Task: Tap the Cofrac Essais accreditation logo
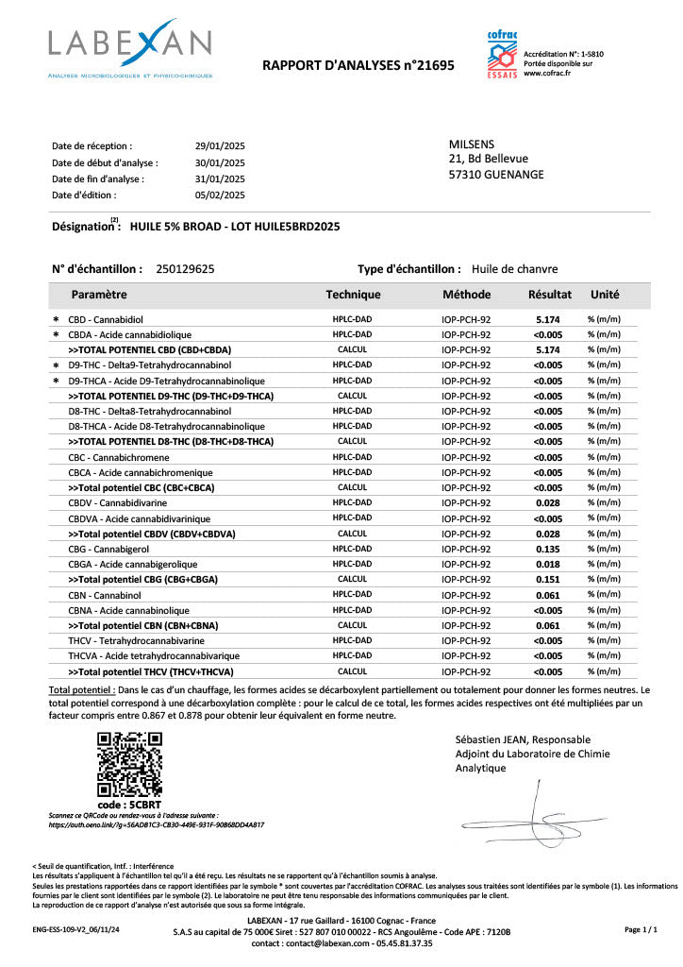click(502, 55)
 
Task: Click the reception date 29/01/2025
click(220, 146)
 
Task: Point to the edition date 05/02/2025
click(220, 195)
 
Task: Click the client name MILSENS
click(471, 144)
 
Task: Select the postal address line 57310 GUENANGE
click(496, 175)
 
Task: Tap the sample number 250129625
click(185, 269)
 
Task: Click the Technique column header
click(353, 295)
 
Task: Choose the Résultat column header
click(550, 295)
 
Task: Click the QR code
click(130, 765)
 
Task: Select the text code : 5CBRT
click(130, 805)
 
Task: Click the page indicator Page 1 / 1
click(641, 930)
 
